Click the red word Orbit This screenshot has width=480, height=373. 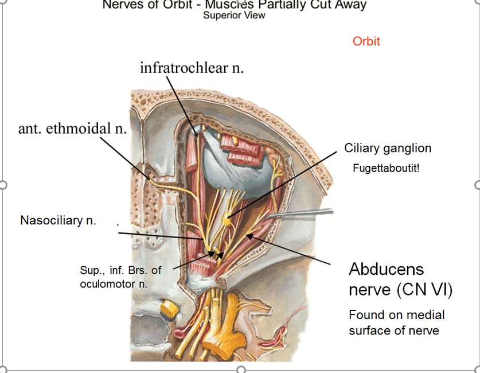tap(366, 41)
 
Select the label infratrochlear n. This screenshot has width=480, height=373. tap(192, 68)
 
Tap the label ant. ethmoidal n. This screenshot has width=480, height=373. tap(72, 128)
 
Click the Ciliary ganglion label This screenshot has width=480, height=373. tap(388, 148)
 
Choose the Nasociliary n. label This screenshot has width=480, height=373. tap(58, 220)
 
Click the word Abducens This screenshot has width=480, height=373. tap(387, 269)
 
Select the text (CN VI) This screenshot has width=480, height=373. tap(424, 290)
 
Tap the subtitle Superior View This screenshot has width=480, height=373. tap(234, 15)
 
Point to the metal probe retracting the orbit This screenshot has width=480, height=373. tap(304, 214)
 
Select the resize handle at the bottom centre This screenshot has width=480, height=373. tap(241, 369)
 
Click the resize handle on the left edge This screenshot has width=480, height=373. tap(3, 185)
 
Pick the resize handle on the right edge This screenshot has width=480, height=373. tap(477, 185)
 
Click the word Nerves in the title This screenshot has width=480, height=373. tap(122, 5)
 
